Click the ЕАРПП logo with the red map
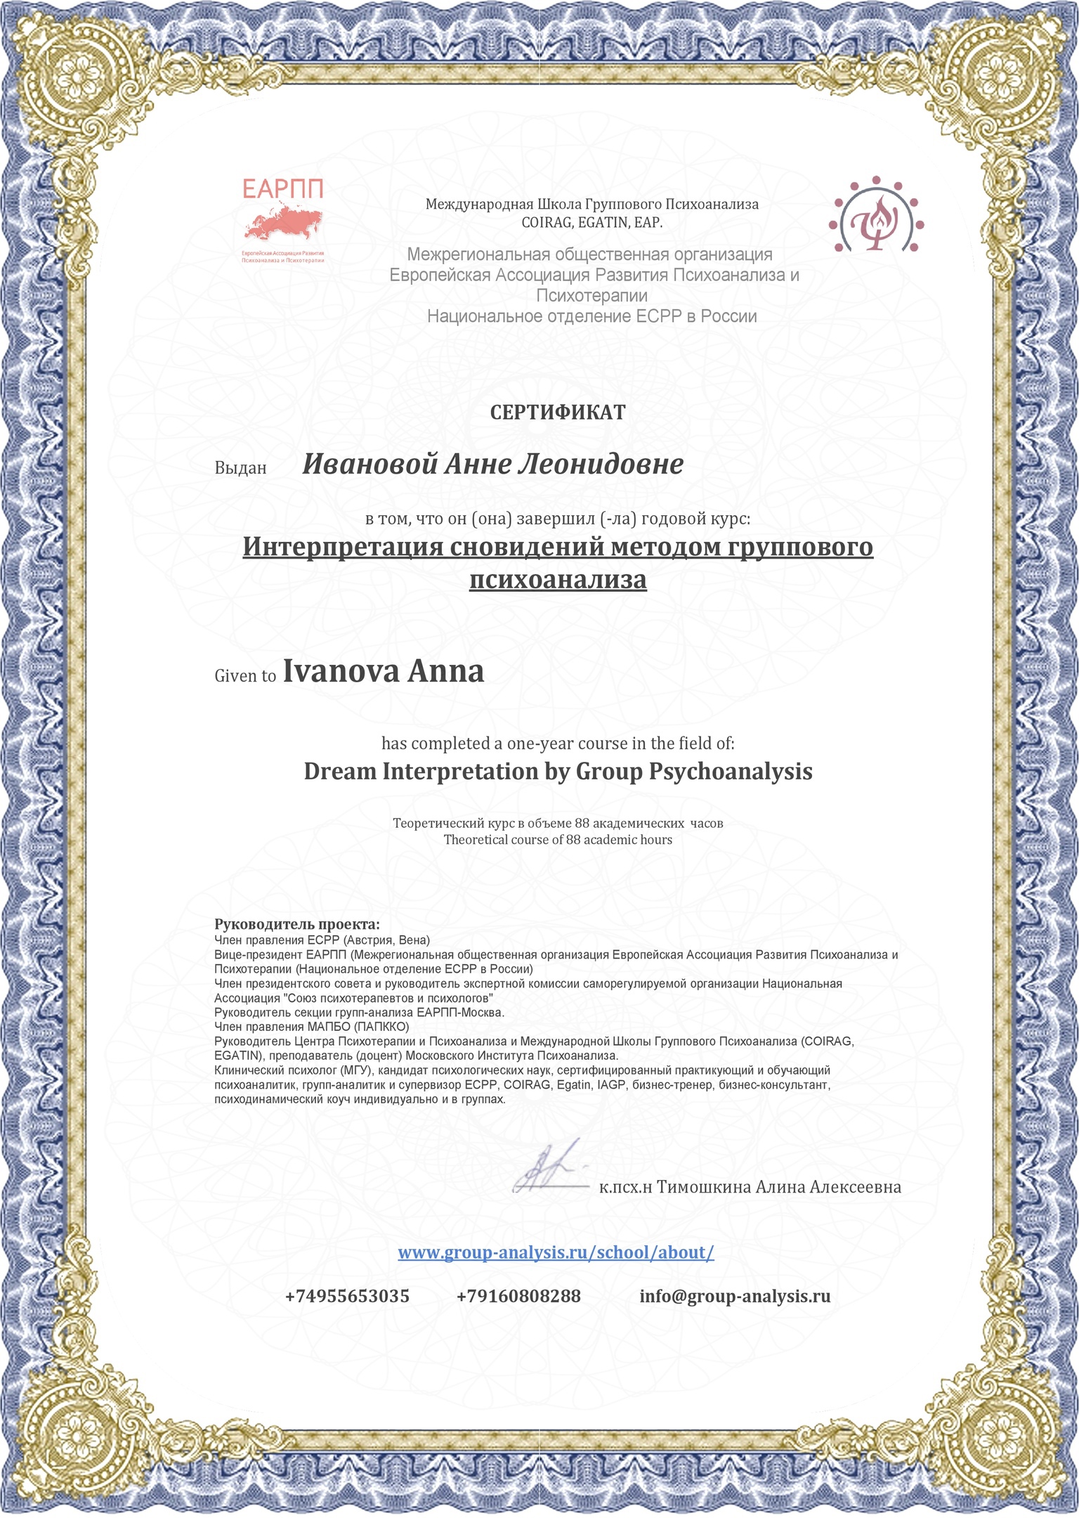tap(282, 219)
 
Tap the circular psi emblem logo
tap(876, 214)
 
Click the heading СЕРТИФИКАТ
tap(557, 413)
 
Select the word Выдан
tap(240, 468)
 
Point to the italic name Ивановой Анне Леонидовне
tap(492, 464)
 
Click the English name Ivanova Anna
tap(383, 671)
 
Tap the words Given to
tap(245, 676)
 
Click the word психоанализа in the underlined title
tap(557, 580)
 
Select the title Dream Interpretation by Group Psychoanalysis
tap(558, 772)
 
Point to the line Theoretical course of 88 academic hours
tap(558, 840)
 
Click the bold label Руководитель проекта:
tap(296, 924)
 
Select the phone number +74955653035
tap(347, 1296)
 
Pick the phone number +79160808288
tap(518, 1296)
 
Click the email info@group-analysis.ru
tap(735, 1296)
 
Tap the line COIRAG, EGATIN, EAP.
tap(591, 223)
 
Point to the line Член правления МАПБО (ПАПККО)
tap(311, 1027)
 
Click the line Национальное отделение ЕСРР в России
tap(591, 316)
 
